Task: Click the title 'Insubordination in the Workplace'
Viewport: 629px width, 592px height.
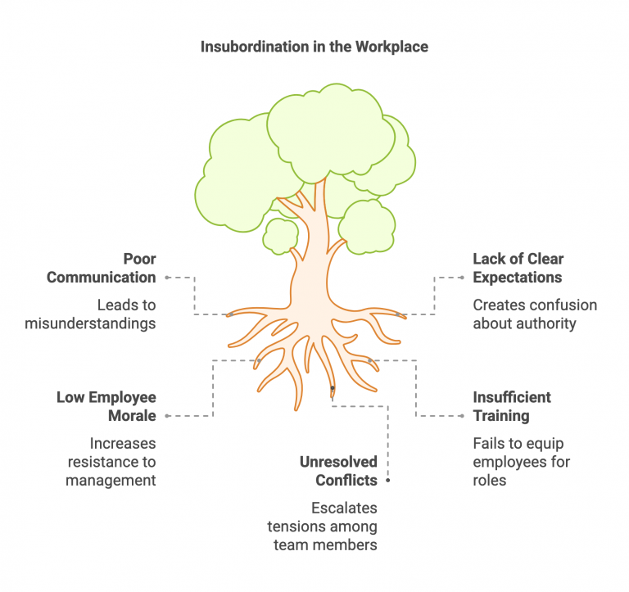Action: [314, 47]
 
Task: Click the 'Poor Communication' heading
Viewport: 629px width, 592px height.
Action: [102, 268]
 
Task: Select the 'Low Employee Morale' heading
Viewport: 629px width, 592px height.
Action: [106, 406]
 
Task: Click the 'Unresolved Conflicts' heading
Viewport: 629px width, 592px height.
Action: [338, 471]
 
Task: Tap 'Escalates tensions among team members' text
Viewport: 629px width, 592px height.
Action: [322, 526]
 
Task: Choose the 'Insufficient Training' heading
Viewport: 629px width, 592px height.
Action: [512, 406]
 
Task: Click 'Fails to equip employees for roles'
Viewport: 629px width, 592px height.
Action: [521, 462]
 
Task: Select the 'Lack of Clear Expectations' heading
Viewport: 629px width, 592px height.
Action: [518, 268]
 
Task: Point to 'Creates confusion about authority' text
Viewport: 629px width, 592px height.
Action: [535, 314]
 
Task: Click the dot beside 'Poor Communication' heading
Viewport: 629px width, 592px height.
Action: [167, 278]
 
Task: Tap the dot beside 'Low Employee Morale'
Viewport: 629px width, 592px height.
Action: [167, 416]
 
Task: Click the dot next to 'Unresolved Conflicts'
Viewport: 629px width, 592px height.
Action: [387, 481]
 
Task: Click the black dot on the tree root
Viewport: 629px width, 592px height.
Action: [332, 387]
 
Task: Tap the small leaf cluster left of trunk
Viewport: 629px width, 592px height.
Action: [281, 235]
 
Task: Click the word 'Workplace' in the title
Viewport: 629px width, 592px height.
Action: [391, 47]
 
